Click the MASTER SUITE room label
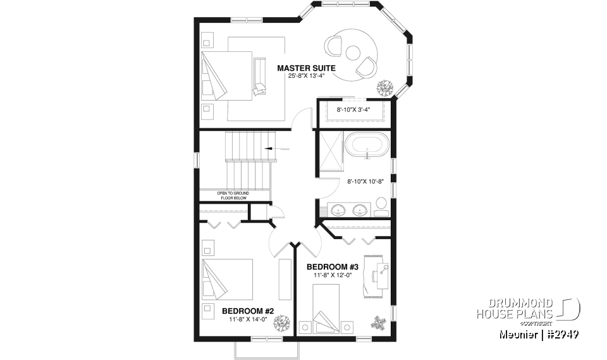(306, 68)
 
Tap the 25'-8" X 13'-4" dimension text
(306, 77)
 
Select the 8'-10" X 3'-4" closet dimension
(353, 109)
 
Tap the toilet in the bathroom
(381, 204)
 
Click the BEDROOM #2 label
(247, 311)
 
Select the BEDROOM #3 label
(332, 266)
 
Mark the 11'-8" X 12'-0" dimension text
(332, 275)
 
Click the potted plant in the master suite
(384, 87)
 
